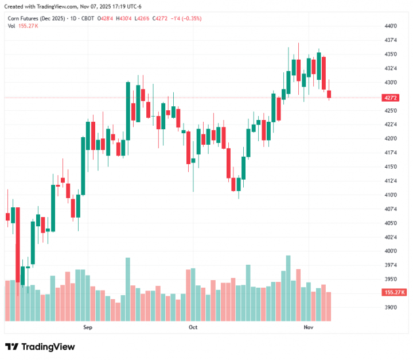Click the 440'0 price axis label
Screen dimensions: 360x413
391,26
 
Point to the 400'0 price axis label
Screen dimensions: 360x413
391,251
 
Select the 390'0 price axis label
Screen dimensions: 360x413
391,308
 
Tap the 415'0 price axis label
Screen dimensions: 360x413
391,167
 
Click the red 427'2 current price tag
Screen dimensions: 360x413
392,98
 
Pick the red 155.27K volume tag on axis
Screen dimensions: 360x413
394,292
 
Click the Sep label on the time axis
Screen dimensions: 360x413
88,327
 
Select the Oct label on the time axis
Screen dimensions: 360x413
193,327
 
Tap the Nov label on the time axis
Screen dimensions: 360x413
309,327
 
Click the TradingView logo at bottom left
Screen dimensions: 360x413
40,347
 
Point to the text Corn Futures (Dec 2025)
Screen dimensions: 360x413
36,18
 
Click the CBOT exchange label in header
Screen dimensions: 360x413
87,18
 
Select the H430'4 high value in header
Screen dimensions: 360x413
124,18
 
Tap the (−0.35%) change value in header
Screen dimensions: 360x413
190,18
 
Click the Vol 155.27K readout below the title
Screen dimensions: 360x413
23,26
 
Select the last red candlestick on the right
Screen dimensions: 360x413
329,95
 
